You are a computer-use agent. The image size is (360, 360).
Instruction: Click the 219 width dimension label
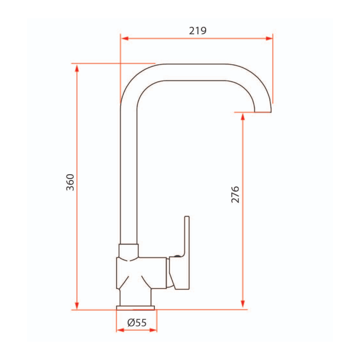198,31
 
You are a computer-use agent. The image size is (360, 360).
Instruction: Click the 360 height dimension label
70,182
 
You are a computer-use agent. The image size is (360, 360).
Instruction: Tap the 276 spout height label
235,194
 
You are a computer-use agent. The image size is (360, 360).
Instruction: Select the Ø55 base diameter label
137,322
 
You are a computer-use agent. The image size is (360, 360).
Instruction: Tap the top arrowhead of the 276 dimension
243,117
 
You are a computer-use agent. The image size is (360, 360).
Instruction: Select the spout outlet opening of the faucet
263,111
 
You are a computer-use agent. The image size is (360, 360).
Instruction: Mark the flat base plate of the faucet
135,307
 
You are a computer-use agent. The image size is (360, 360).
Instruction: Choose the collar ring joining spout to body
128,251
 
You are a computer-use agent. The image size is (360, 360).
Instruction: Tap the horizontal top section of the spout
193,72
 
